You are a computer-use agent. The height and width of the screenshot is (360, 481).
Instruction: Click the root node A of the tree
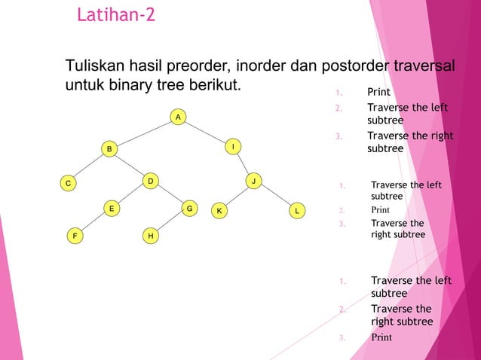[x=177, y=117]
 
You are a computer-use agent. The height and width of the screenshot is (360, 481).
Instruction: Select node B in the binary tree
[x=109, y=149]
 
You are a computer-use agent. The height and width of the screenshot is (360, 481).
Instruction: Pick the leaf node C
[x=68, y=182]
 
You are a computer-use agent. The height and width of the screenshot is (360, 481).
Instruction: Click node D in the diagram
[x=150, y=181]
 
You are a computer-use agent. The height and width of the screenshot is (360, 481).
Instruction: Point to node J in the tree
[x=254, y=181]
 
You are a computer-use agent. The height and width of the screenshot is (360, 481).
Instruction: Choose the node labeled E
[x=111, y=207]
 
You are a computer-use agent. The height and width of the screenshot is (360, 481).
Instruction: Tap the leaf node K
[x=219, y=210]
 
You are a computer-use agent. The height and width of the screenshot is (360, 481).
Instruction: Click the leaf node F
[x=74, y=236]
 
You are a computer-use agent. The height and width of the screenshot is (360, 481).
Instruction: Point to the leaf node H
[x=151, y=236]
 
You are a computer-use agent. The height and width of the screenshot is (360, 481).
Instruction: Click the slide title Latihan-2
[x=116, y=14]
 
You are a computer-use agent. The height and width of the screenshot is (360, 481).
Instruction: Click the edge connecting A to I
[x=205, y=132]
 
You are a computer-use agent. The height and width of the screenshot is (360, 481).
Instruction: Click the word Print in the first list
[x=378, y=92]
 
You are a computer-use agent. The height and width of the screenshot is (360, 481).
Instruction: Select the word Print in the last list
[x=381, y=337]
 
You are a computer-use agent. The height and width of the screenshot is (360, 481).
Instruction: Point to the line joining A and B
[x=143, y=133]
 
